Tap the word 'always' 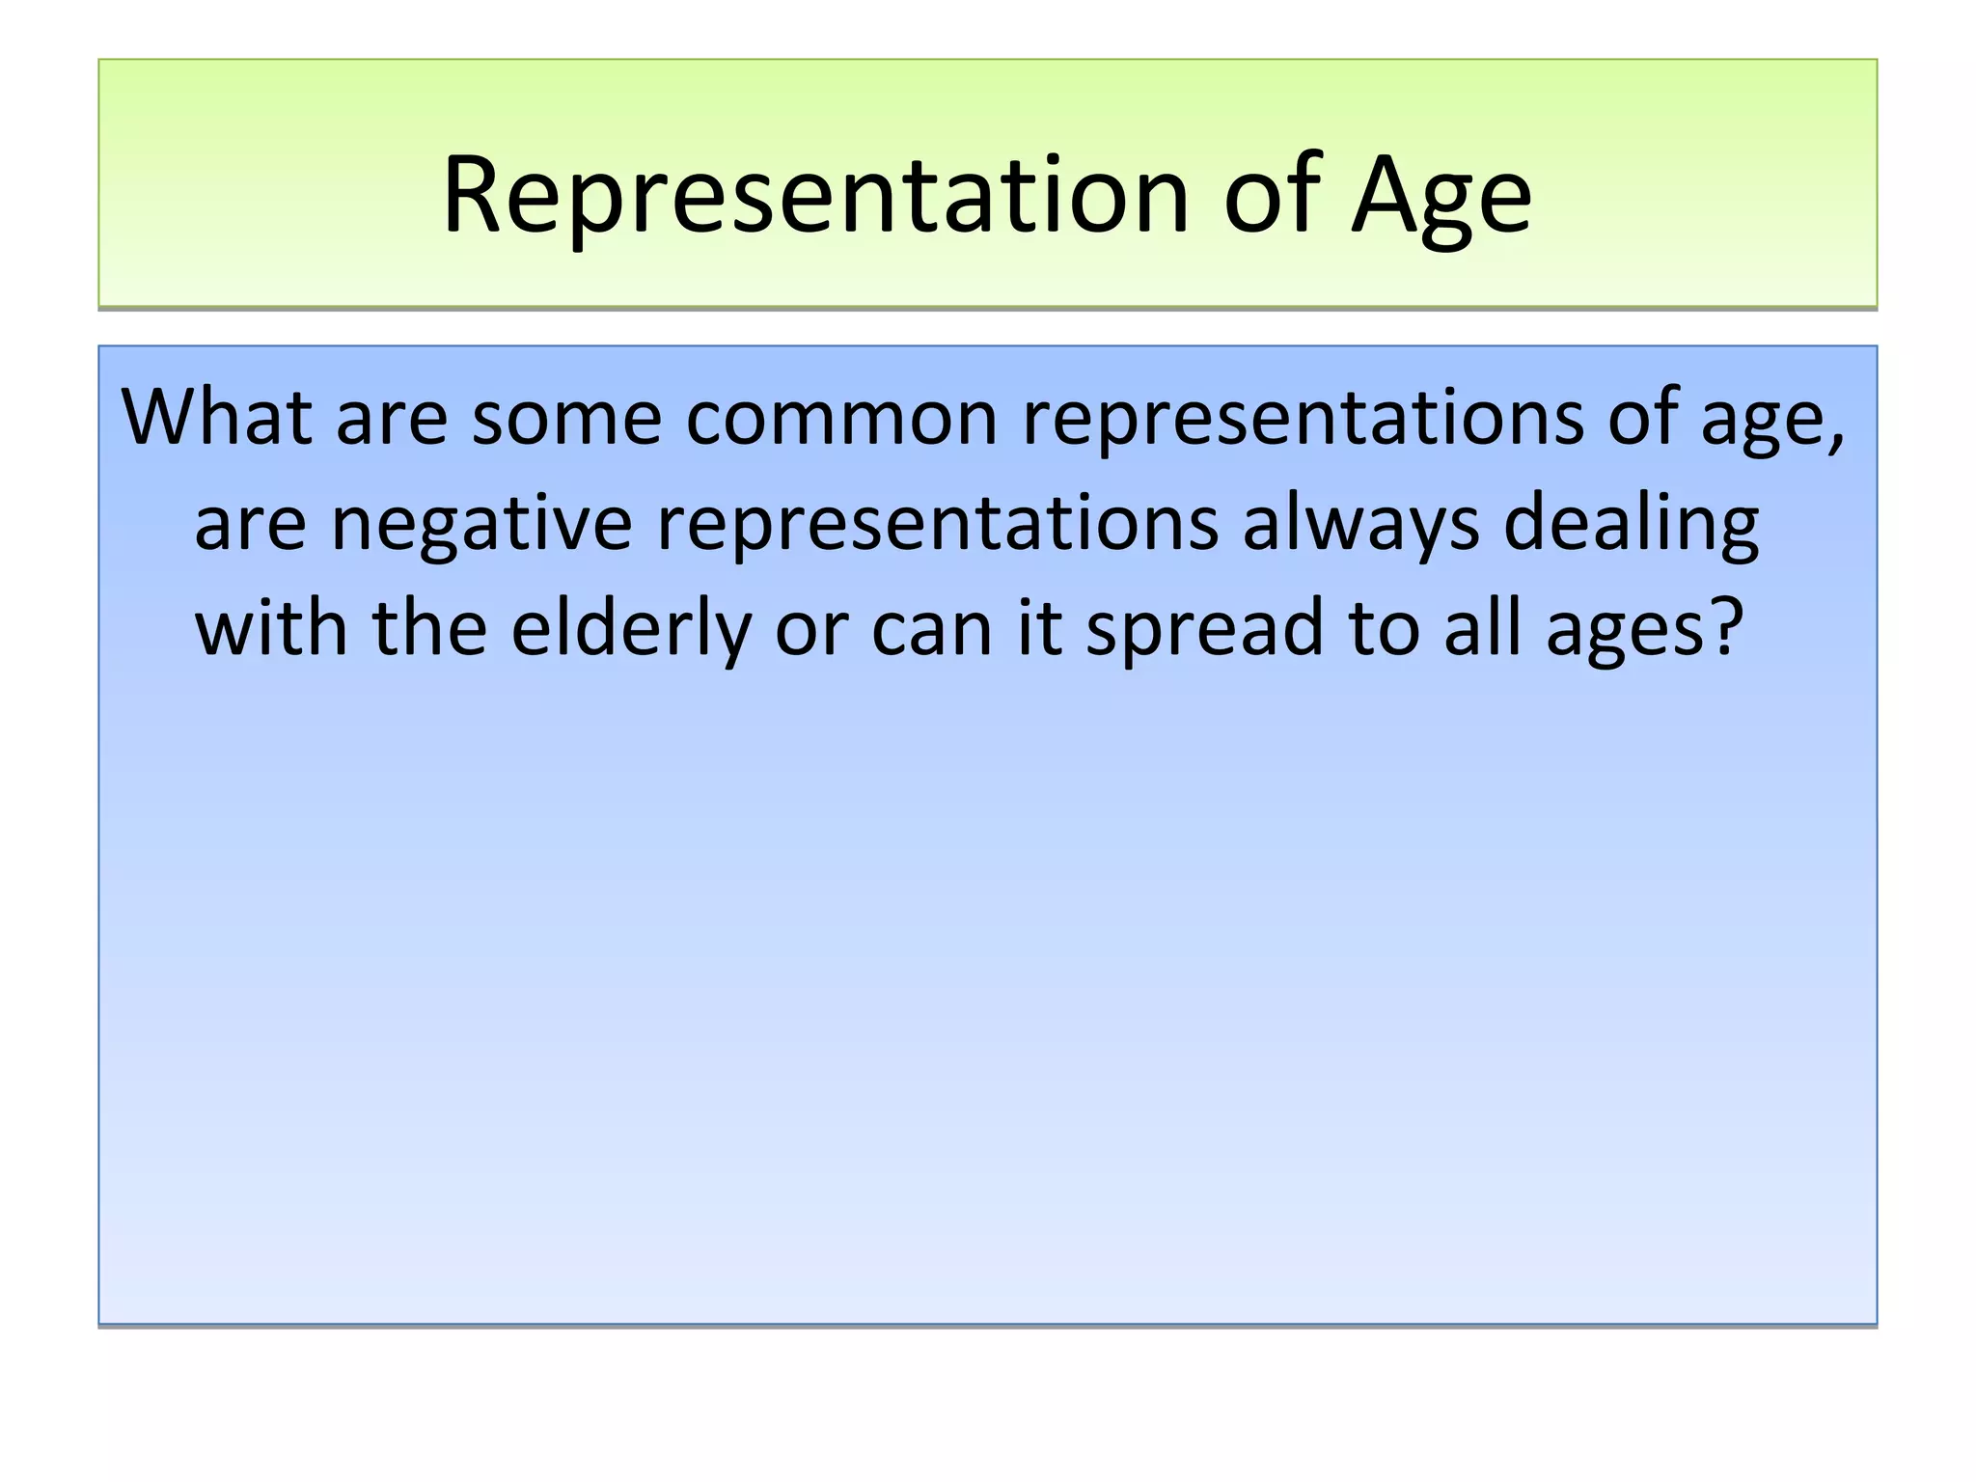pos(1360,524)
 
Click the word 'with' pos(271,628)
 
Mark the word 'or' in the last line pos(810,630)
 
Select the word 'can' pos(932,630)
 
